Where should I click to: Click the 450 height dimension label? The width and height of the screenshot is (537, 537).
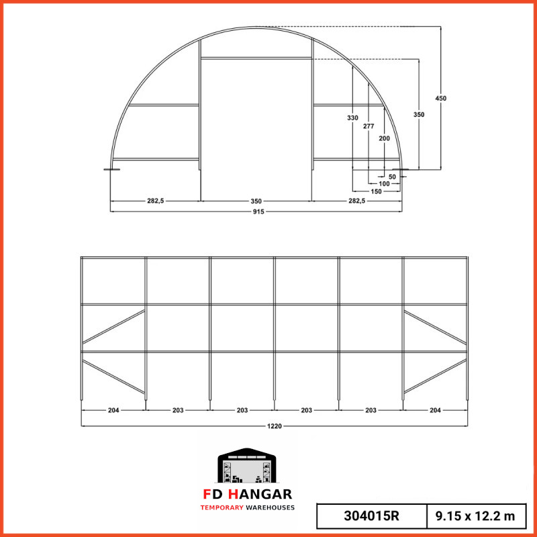pos(441,98)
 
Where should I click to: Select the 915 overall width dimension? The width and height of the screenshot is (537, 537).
pos(258,211)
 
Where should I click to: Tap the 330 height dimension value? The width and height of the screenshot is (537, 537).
pos(353,118)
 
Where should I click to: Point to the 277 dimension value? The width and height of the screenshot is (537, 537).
pos(369,126)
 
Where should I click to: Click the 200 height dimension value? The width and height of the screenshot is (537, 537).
pos(384,138)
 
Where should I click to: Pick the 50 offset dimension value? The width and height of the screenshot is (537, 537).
pos(392,177)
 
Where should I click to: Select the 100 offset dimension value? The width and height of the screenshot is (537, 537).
pos(384,184)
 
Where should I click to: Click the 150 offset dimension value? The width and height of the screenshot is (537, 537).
pos(376,191)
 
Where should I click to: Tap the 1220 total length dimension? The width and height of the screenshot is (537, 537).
pos(275,426)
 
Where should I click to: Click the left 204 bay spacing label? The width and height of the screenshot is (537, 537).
pos(113,410)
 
